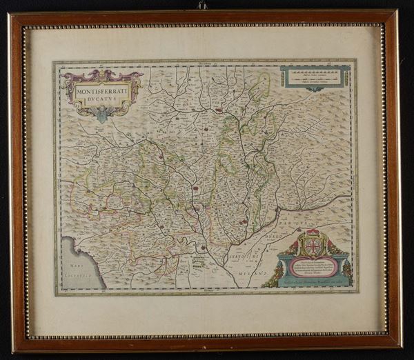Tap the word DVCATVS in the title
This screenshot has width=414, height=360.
click(103, 98)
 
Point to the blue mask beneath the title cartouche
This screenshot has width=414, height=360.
click(103, 114)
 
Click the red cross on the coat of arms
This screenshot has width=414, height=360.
click(314, 246)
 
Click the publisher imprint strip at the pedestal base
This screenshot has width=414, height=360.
click(314, 281)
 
